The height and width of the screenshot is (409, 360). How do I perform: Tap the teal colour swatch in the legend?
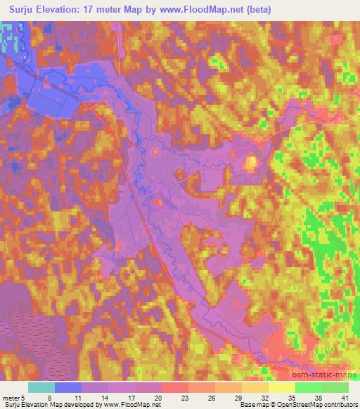(x=41, y=387)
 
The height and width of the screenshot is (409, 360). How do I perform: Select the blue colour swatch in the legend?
(x=68, y=387)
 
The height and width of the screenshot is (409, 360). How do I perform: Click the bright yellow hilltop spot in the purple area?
(x=250, y=164)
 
